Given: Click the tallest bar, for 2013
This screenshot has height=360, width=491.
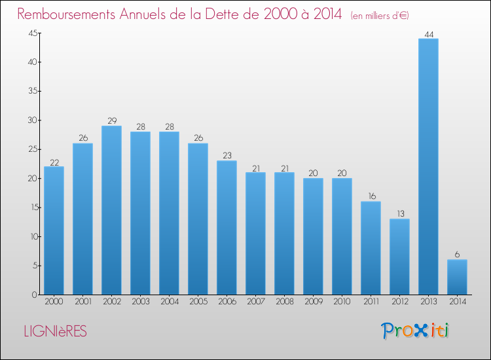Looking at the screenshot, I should pos(428,166).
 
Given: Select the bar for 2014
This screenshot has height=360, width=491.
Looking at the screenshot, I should pos(457,277).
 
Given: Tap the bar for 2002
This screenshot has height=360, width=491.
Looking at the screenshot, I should pos(111,210).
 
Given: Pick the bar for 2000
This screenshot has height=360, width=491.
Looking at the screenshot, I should pos(54,230).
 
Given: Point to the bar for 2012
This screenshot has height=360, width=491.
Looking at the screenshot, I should pos(399,257).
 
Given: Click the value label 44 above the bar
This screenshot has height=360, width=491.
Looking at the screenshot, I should pos(428,33).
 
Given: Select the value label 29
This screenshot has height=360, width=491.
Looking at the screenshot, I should pos(111,120).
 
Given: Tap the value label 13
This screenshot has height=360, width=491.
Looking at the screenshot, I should pos(399,213).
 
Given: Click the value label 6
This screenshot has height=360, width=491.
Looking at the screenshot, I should pos(457,254).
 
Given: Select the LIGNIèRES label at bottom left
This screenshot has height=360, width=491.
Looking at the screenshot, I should pos(54,332).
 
